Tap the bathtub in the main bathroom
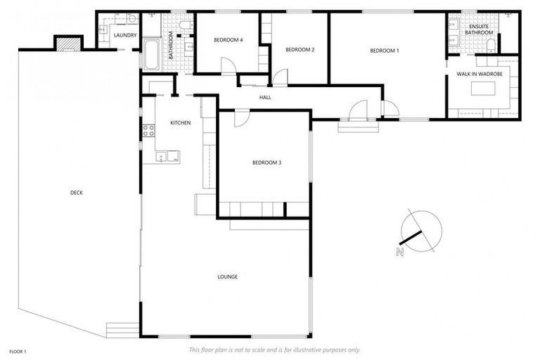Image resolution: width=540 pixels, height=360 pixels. click(x=151, y=54)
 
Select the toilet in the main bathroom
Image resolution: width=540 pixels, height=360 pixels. click(x=184, y=26)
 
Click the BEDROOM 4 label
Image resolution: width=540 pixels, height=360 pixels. click(x=229, y=40)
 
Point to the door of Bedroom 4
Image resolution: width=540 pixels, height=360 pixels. click(x=229, y=66)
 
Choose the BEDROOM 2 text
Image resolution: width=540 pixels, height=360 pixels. click(x=299, y=50)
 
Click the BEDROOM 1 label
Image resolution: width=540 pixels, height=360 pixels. click(x=384, y=50)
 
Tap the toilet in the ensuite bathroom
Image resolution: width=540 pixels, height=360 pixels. click(x=491, y=45)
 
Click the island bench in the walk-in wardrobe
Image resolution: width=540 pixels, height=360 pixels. click(x=484, y=88)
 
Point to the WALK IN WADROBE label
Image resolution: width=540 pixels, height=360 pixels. click(x=482, y=73)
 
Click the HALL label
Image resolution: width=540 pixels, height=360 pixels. click(x=265, y=97)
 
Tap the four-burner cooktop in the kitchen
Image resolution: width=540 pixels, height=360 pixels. click(x=148, y=130)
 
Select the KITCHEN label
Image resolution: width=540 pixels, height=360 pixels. click(x=180, y=123)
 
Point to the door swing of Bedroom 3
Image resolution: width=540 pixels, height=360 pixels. click(x=240, y=118)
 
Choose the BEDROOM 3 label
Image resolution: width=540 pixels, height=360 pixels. click(x=266, y=163)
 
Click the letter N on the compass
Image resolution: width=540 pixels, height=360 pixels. click(x=400, y=251)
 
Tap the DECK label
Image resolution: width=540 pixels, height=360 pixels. click(x=76, y=193)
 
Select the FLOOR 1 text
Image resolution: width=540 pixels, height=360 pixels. click(x=17, y=350)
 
